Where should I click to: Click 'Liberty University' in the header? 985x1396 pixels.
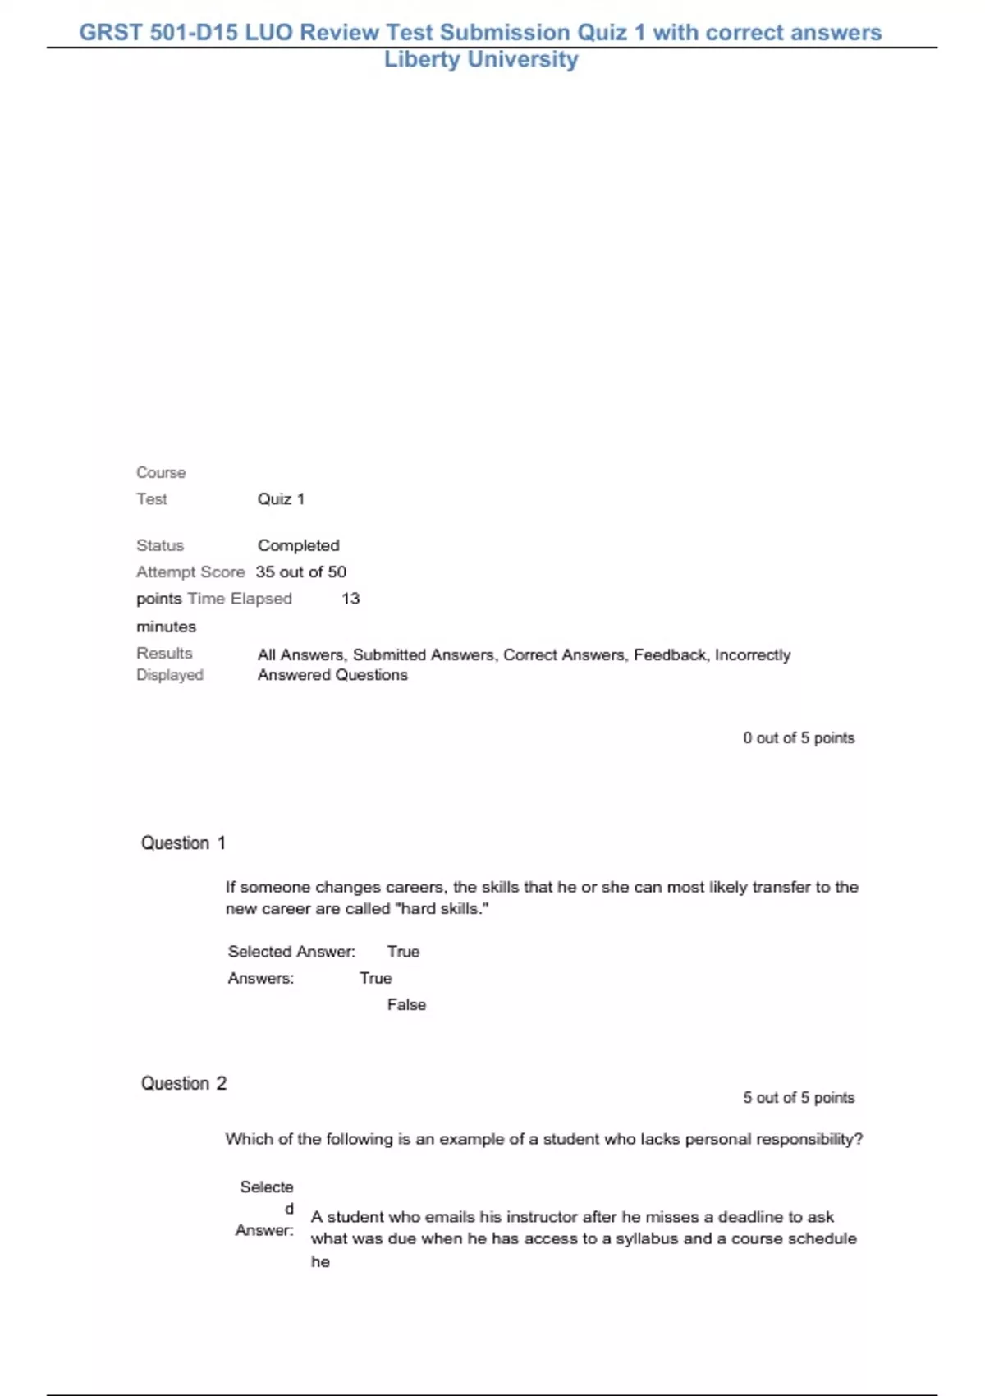pyautogui.click(x=481, y=59)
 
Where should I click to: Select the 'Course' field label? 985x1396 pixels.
pyautogui.click(x=161, y=473)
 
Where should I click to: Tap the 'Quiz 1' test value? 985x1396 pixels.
pyautogui.click(x=281, y=499)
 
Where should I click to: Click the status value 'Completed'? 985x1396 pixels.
pyautogui.click(x=298, y=545)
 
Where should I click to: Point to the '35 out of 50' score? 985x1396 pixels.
pyautogui.click(x=301, y=572)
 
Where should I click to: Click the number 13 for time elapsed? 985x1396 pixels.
pyautogui.click(x=350, y=599)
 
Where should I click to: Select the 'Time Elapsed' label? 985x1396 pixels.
pyautogui.click(x=240, y=599)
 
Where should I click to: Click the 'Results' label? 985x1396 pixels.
pyautogui.click(x=164, y=654)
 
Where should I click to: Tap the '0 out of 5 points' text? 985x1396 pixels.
pyautogui.click(x=799, y=738)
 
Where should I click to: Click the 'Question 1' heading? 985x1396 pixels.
pyautogui.click(x=183, y=843)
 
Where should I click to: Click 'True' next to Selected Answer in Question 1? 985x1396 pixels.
pyautogui.click(x=403, y=952)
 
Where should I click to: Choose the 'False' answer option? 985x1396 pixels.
pyautogui.click(x=406, y=1004)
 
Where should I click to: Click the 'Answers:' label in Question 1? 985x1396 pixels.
pyautogui.click(x=260, y=978)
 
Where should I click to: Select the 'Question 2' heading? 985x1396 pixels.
pyautogui.click(x=184, y=1084)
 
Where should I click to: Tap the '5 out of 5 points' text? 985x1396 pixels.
pyautogui.click(x=799, y=1098)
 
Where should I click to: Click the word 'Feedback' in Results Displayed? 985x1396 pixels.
pyautogui.click(x=669, y=655)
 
